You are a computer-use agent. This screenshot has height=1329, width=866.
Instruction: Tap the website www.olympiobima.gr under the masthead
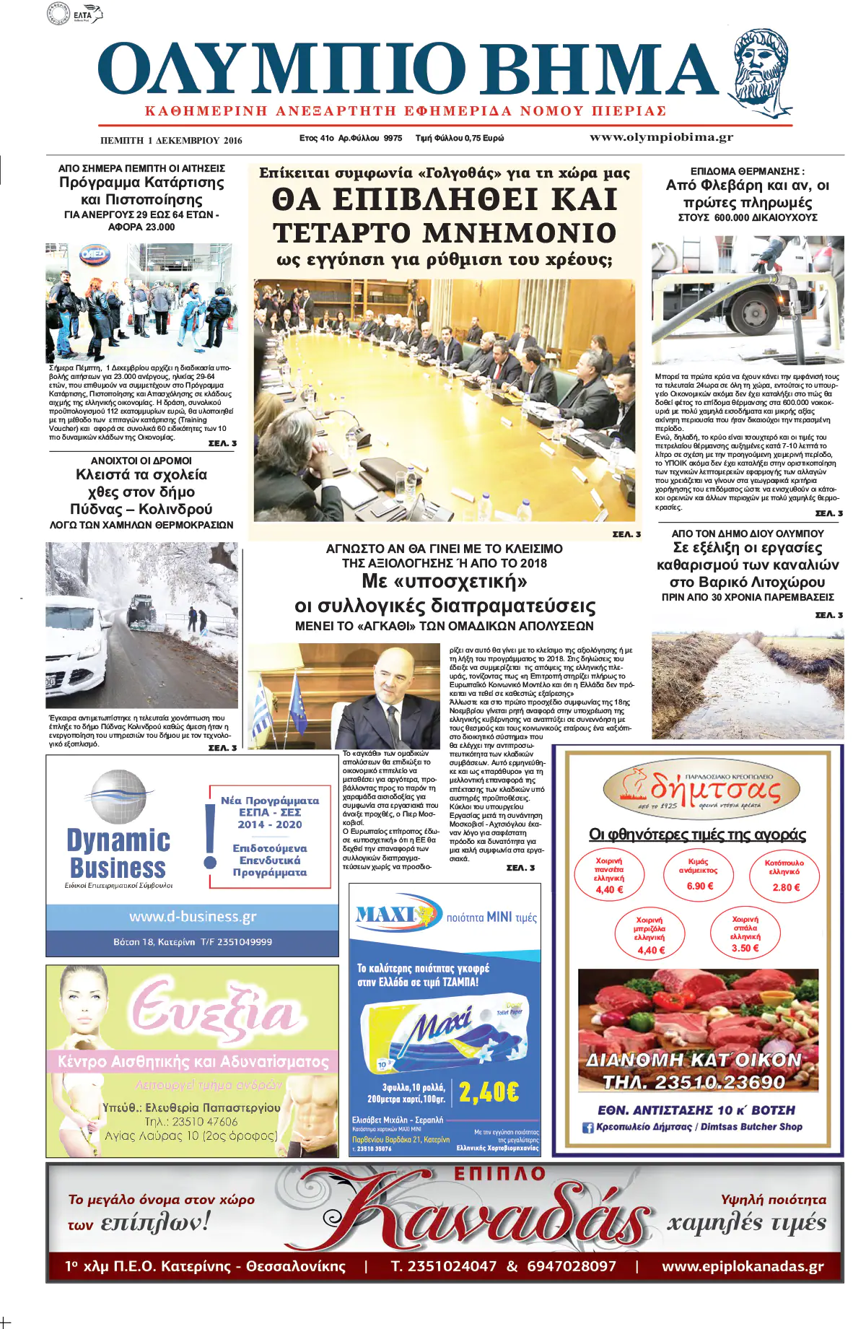[x=661, y=137]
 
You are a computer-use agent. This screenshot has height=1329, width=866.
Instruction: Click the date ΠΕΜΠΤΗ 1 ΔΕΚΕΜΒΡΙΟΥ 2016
[x=171, y=140]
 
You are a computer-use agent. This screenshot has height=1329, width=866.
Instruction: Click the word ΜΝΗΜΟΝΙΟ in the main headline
[x=520, y=233]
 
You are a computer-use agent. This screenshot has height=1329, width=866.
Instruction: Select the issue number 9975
[x=393, y=138]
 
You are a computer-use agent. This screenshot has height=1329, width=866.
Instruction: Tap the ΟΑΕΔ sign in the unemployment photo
[x=95, y=257]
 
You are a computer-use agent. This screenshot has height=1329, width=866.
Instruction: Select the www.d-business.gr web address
[x=193, y=917]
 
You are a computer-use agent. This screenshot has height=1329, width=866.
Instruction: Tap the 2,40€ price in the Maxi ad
[x=489, y=1091]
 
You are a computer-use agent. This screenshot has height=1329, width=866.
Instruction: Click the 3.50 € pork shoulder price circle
[x=745, y=935]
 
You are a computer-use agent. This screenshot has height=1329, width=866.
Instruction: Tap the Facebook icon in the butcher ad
[x=587, y=1127]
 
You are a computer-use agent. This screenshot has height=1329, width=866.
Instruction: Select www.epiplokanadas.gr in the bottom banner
[x=742, y=1266]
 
